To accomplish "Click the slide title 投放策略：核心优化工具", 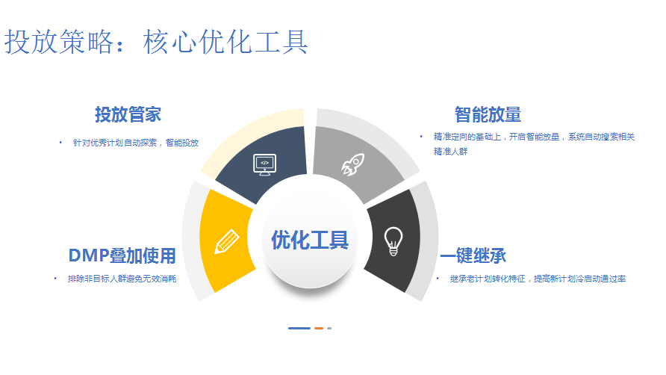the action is pos(156,42).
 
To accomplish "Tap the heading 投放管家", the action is pos(128,115).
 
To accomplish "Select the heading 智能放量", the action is pos(488,115).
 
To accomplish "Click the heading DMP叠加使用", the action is pos(122,256).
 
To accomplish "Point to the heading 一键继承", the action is pos(473,256).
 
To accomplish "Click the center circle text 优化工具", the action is pos(310,241).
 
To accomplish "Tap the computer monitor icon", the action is pos(264,165).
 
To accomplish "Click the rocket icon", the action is pos(353,164).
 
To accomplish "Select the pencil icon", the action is pos(227,241).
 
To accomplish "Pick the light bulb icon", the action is pos(393,241).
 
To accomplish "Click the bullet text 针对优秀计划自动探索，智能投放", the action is pos(136,143).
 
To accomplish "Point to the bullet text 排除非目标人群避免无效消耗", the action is pos(122,279).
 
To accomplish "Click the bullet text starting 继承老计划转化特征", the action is pos(538,279).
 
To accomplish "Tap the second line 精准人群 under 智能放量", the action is pos(450,152).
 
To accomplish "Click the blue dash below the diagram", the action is pos(299,328).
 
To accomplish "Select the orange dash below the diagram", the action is pos(319,328).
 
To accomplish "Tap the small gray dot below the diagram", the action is pos(329,328).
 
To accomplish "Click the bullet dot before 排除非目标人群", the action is pos(55,279).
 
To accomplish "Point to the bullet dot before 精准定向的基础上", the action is pos(421,137).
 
